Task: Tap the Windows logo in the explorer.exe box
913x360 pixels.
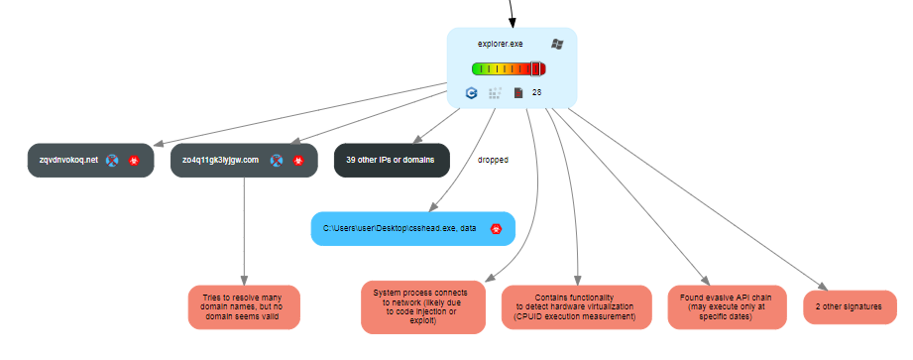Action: click(557, 45)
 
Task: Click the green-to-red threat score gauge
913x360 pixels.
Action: click(509, 69)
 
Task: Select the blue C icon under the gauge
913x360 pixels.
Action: click(472, 93)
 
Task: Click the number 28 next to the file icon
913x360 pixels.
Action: click(536, 93)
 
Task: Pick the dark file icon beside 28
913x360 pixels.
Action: click(517, 93)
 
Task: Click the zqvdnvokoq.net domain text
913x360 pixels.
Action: click(62, 160)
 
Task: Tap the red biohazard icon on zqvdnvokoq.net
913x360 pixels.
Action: click(135, 160)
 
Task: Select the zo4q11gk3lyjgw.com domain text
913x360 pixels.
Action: click(220, 160)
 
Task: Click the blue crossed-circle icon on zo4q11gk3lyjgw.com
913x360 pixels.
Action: click(279, 160)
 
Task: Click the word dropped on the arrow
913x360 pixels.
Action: click(493, 160)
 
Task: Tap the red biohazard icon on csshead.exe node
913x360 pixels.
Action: click(496, 228)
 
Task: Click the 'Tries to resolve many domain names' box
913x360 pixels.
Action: click(243, 307)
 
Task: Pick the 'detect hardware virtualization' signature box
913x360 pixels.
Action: click(576, 307)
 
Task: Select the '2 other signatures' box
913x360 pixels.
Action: click(849, 307)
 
